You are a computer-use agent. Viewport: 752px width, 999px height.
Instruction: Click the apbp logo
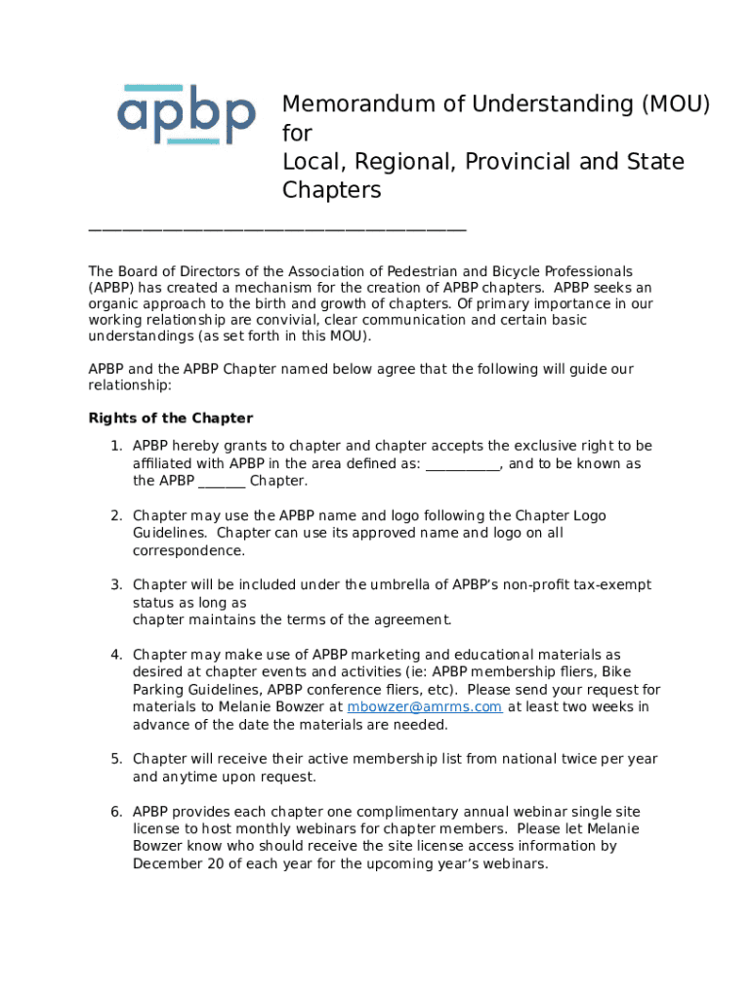pyautogui.click(x=187, y=115)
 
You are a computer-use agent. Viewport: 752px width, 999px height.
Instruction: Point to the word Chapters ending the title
pyautogui.click(x=331, y=189)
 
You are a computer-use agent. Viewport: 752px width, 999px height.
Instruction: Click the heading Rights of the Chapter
pyautogui.click(x=171, y=419)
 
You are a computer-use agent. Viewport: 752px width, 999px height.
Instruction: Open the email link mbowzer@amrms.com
pyautogui.click(x=425, y=707)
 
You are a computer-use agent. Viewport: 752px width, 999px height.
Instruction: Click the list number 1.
pyautogui.click(x=114, y=446)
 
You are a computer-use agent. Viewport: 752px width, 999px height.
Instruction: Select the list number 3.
pyautogui.click(x=114, y=585)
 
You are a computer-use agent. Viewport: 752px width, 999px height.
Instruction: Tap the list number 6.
pyautogui.click(x=114, y=812)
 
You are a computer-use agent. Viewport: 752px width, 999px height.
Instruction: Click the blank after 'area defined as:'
pyautogui.click(x=463, y=464)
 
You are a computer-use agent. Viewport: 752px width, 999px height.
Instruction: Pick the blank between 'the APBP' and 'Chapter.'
pyautogui.click(x=222, y=482)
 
